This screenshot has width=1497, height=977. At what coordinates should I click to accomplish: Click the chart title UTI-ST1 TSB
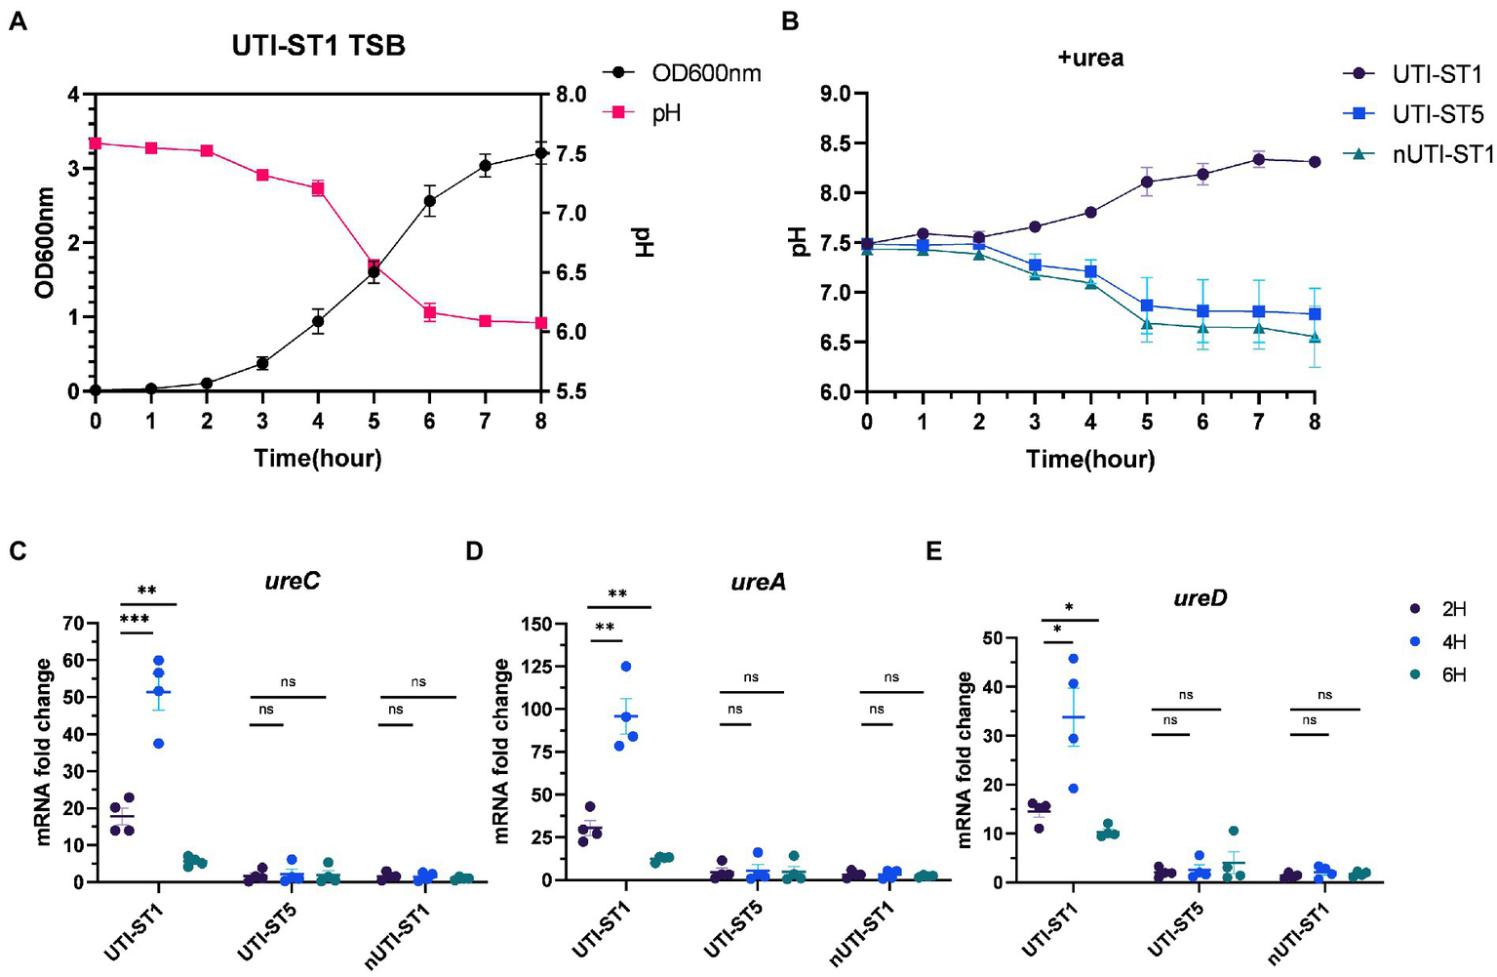tap(319, 47)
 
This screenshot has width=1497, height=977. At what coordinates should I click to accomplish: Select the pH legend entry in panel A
tap(665, 113)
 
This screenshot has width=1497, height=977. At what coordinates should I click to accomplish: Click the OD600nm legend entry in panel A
tap(706, 73)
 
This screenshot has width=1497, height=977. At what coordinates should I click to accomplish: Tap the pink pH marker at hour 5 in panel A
tap(374, 265)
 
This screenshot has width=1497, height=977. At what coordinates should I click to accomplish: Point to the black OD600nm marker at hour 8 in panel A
tap(540, 153)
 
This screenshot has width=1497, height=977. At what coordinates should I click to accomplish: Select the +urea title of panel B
tap(1090, 59)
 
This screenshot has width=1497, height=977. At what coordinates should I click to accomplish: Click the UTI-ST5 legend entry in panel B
tap(1438, 114)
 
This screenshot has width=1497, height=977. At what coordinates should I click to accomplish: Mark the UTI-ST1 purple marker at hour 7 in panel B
tap(1259, 159)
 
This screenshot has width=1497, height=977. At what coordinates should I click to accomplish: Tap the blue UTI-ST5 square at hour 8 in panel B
tap(1315, 314)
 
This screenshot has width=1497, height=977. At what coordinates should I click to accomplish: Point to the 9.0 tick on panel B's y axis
tap(837, 95)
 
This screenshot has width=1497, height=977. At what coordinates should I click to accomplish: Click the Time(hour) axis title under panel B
tap(1090, 459)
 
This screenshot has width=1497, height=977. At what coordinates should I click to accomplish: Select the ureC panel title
tap(293, 582)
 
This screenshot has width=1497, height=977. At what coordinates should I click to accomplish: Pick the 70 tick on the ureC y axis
tap(71, 623)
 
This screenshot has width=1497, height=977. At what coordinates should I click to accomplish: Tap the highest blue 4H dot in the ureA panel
tap(626, 667)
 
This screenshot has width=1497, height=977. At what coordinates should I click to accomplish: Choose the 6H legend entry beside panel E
tap(1453, 674)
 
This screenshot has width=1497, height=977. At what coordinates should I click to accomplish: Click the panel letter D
tap(475, 551)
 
